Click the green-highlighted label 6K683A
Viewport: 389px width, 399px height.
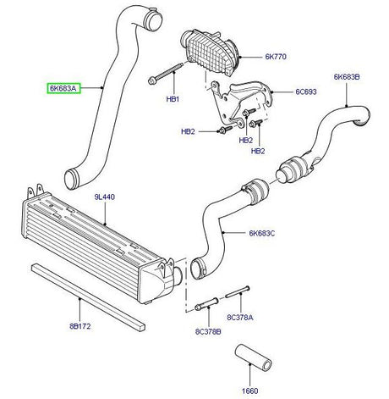(x=63, y=87)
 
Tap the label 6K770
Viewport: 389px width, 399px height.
(x=277, y=58)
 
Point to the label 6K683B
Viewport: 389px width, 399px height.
(x=348, y=77)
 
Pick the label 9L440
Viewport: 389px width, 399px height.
(x=104, y=197)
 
